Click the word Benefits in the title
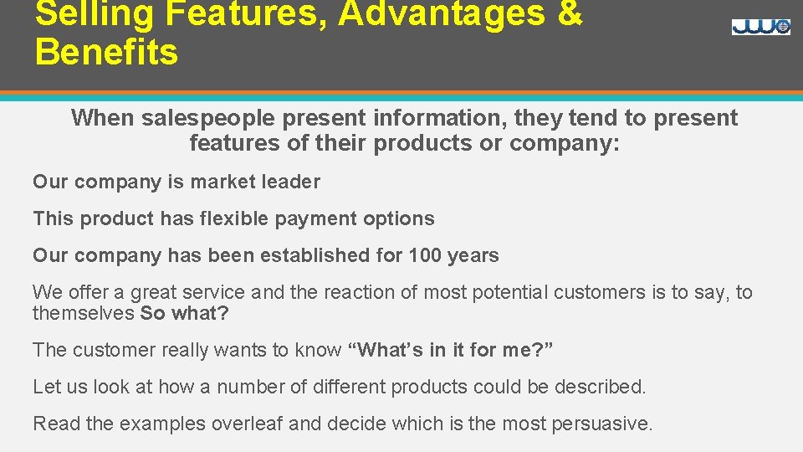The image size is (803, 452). coord(106,52)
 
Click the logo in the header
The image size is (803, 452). coord(760,27)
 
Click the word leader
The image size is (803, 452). coord(292,182)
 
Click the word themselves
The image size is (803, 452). coord(84,314)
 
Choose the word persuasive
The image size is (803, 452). coord(601,424)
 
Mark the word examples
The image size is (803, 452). coord(162,424)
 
